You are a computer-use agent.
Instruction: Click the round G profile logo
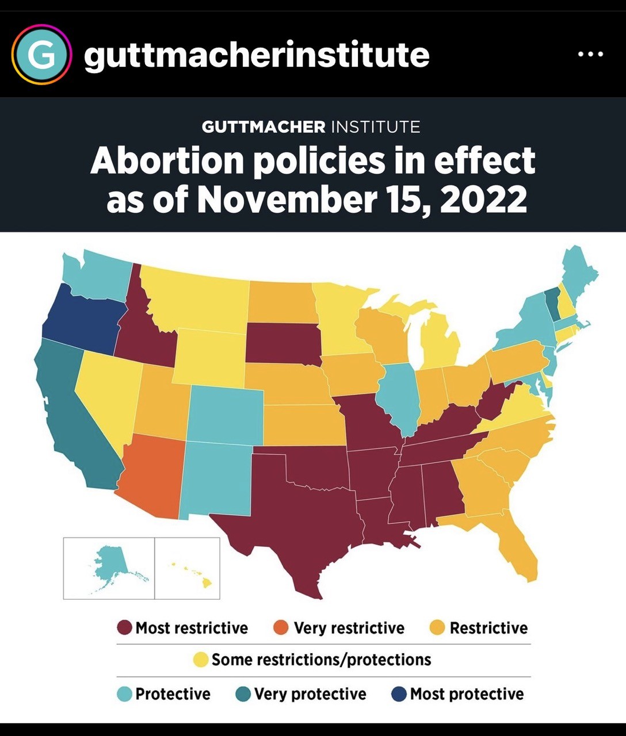click(41, 55)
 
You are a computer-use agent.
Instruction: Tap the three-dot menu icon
click(590, 55)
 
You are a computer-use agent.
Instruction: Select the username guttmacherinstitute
click(257, 55)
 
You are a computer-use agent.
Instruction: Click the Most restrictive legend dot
click(124, 627)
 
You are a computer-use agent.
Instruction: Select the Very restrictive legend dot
click(280, 627)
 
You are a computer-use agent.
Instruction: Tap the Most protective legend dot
click(399, 694)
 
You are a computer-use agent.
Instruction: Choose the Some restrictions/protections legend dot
click(200, 660)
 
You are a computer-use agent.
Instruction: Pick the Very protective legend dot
click(243, 694)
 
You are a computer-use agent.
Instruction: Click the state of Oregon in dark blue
click(83, 319)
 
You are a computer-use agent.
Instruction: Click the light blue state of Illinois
click(400, 397)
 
